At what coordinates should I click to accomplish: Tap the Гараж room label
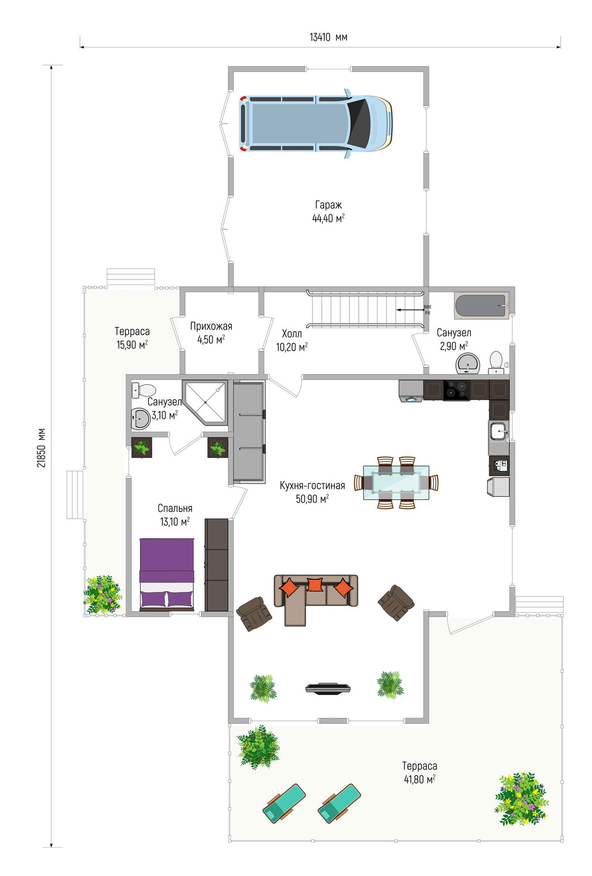pyautogui.click(x=328, y=205)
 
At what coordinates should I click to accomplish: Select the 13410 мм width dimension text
pyautogui.click(x=328, y=37)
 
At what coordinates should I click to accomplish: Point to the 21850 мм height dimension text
pyautogui.click(x=41, y=448)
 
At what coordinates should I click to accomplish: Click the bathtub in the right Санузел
pyautogui.click(x=482, y=306)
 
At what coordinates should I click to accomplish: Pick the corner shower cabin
pyautogui.click(x=205, y=402)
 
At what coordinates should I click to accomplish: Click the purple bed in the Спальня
pyautogui.click(x=167, y=573)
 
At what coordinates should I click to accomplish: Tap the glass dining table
pyautogui.click(x=396, y=482)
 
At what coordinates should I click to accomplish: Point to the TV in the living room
pyautogui.click(x=328, y=688)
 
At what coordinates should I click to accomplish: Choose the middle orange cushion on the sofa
pyautogui.click(x=315, y=584)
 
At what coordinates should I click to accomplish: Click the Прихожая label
pyautogui.click(x=211, y=326)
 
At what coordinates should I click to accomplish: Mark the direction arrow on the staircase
pyautogui.click(x=409, y=310)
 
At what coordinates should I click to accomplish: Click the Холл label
pyautogui.click(x=292, y=334)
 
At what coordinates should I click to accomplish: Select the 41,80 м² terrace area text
pyautogui.click(x=419, y=779)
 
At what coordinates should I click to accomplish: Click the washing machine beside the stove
pyautogui.click(x=411, y=391)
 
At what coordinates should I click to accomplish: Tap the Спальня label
pyautogui.click(x=175, y=509)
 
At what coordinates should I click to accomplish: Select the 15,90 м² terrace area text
pyautogui.click(x=132, y=345)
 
